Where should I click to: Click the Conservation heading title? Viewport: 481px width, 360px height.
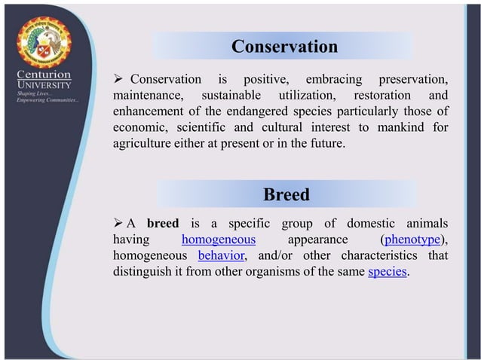(284, 47)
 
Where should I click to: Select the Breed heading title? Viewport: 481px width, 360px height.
(286, 195)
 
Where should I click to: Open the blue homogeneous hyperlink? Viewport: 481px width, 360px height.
(219, 239)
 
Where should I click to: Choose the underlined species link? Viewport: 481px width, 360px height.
(388, 272)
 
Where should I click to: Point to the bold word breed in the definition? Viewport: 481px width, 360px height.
(163, 224)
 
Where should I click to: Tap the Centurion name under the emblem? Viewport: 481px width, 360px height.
(44, 75)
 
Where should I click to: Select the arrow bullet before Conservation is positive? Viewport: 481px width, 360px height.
(118, 80)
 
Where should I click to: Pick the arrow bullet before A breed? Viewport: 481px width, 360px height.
(118, 224)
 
